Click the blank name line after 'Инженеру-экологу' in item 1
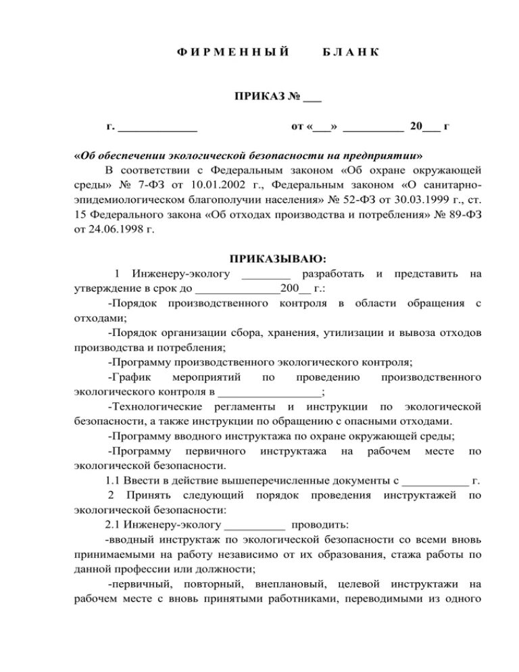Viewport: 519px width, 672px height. [266, 274]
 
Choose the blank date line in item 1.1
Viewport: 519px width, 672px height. [435, 481]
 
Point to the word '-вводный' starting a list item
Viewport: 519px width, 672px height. [130, 540]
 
